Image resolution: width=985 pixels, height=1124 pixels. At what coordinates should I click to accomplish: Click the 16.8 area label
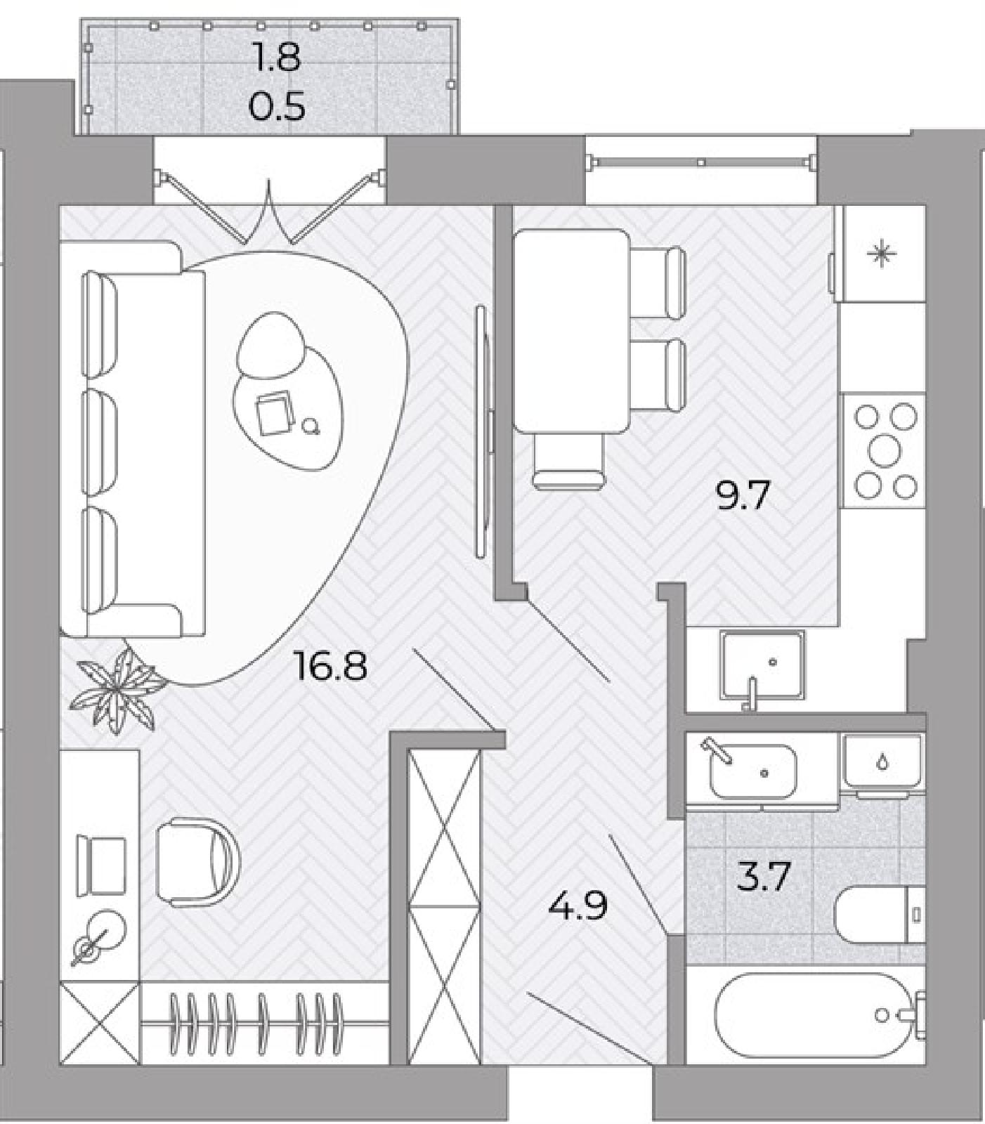tap(331, 666)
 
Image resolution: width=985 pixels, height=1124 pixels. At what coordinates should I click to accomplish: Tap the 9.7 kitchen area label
tap(743, 497)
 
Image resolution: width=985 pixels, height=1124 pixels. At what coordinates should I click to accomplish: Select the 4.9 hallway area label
tap(577, 906)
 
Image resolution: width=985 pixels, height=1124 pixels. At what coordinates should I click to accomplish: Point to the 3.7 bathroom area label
tap(764, 877)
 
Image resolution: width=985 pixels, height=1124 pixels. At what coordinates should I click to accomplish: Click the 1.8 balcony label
tap(277, 58)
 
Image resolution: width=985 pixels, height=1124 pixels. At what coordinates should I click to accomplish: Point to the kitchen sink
tap(762, 665)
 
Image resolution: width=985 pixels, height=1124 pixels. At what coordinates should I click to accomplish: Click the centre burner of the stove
tap(885, 450)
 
